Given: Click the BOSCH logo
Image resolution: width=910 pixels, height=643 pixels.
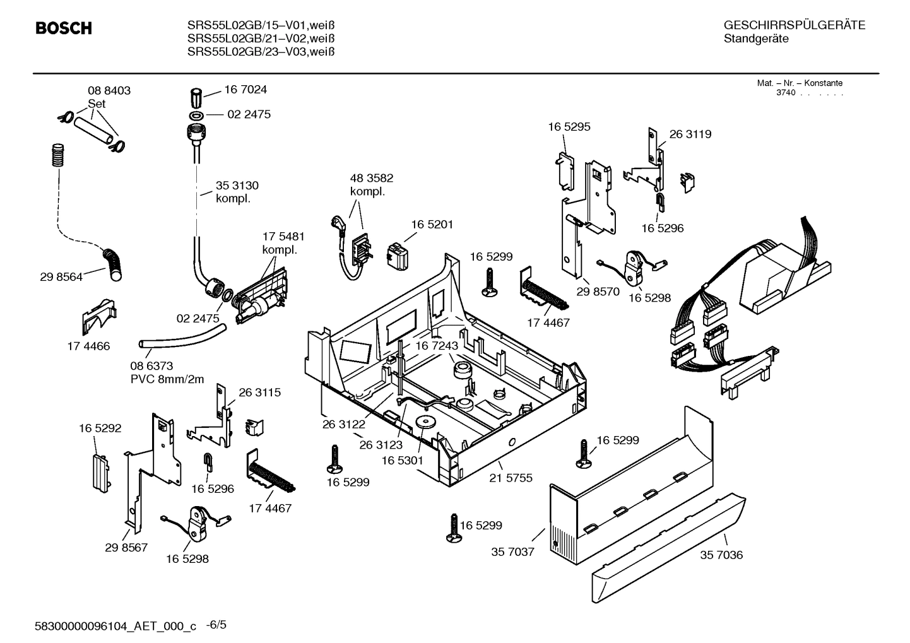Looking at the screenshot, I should tap(63, 28).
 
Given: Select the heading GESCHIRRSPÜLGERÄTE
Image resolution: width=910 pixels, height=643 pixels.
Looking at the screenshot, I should tap(794, 25).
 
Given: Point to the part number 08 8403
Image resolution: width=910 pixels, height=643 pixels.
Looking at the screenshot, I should tap(109, 91).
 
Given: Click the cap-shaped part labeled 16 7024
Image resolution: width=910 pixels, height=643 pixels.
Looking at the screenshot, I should tap(196, 98).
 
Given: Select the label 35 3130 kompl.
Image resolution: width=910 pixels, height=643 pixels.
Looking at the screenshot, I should tap(237, 192).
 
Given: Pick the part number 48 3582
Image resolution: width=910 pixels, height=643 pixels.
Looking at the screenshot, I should tap(371, 179).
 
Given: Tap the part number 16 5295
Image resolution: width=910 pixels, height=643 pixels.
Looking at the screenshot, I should tap(569, 127).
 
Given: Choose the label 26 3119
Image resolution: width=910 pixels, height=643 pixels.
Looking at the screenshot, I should tap(690, 134).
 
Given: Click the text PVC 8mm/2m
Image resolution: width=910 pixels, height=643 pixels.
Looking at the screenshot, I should tap(167, 379).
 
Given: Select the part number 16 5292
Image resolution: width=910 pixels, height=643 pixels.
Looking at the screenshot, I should tap(100, 428).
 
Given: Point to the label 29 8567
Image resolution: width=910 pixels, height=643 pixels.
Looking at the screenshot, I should tap(126, 547).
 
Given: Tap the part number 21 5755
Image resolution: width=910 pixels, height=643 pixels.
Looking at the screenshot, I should tap(511, 478).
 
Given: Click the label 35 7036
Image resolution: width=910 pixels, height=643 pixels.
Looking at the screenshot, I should tap(721, 555).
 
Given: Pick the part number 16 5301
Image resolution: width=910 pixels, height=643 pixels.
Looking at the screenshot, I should tap(402, 461).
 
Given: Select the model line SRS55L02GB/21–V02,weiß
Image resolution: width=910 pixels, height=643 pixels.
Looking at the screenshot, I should tap(260, 38).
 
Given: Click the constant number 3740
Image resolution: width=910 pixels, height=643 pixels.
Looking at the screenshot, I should tap(785, 93).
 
